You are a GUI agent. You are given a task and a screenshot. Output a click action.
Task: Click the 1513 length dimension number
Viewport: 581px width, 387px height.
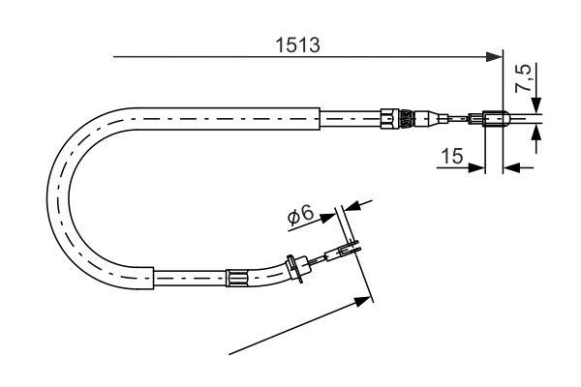298,45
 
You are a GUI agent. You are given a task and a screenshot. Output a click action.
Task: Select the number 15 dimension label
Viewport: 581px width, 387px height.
453,155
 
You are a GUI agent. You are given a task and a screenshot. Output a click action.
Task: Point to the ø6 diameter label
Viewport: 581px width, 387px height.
299,218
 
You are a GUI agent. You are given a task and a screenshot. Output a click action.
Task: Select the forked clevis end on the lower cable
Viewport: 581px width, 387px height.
351,252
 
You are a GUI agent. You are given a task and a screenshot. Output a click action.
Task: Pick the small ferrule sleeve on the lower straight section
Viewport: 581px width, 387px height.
235,278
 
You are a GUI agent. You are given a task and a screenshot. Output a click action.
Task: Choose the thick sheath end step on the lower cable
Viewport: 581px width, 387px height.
155,278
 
